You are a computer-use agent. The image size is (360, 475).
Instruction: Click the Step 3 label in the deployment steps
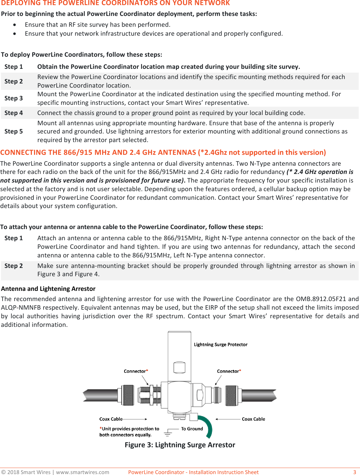[13, 98]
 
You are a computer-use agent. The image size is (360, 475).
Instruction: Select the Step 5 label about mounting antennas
[13, 131]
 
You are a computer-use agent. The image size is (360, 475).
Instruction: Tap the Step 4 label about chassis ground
[13, 113]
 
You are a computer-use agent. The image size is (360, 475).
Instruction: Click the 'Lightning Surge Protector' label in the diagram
[221, 344]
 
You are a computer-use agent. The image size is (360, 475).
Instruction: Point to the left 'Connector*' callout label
[136, 371]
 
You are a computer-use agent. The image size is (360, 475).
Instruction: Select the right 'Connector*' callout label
[229, 371]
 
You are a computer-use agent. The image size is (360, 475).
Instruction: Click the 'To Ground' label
[192, 429]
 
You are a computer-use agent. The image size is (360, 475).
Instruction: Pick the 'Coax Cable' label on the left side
[111, 419]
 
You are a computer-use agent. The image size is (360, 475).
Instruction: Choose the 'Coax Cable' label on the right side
[253, 419]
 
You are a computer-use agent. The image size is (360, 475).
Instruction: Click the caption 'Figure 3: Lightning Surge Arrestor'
[180, 445]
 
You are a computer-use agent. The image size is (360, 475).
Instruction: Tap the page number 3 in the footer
[355, 472]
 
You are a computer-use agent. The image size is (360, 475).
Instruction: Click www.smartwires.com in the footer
[82, 472]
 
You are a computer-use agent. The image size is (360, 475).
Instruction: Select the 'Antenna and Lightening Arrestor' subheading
[48, 289]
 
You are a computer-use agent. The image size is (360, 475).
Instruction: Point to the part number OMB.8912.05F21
[321, 299]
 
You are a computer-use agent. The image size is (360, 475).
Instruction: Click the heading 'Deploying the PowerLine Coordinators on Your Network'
[115, 3]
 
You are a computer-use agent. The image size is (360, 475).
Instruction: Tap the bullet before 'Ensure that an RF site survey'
[15, 25]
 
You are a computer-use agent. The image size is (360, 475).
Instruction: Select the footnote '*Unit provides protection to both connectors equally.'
[129, 432]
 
